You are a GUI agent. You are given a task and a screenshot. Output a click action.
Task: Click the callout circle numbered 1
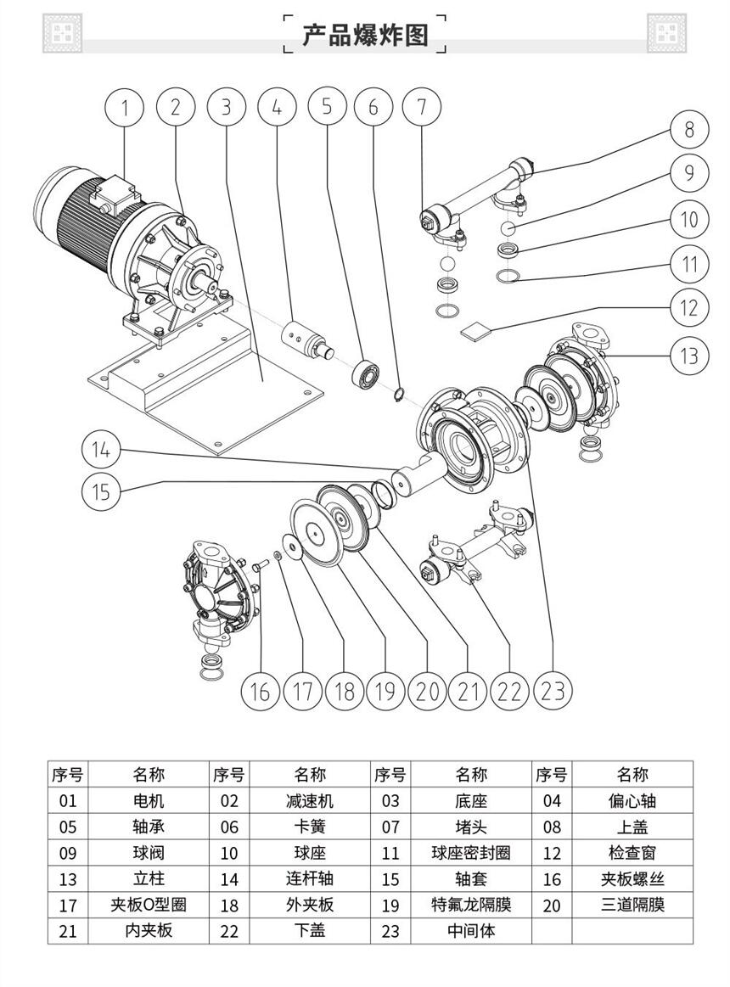pyautogui.click(x=126, y=107)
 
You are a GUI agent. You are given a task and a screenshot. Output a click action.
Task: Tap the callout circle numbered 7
pyautogui.click(x=422, y=107)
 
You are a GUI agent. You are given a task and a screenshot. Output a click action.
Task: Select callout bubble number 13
pyautogui.click(x=688, y=355)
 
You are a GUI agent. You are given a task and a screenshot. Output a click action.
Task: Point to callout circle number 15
pyautogui.click(x=101, y=491)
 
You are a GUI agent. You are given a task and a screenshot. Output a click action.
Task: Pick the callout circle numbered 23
pyautogui.click(x=552, y=690)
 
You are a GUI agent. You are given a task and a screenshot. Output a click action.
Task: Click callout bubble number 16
pyautogui.click(x=260, y=690)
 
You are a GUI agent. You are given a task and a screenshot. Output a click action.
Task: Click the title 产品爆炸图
pyautogui.click(x=365, y=35)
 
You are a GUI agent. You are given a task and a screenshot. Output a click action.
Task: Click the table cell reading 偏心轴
pyautogui.click(x=632, y=800)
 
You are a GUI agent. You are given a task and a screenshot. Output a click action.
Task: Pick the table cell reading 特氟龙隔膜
pyautogui.click(x=471, y=905)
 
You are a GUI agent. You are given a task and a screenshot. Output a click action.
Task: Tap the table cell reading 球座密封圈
pyautogui.click(x=471, y=853)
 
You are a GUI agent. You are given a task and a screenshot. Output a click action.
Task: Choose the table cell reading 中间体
pyautogui.click(x=471, y=931)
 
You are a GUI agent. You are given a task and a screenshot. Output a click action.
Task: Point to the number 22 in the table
pyautogui.click(x=229, y=931)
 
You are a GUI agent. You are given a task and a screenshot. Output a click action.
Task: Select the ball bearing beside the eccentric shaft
pyautogui.click(x=367, y=372)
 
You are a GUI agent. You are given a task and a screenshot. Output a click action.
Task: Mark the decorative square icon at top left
pyautogui.click(x=62, y=34)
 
